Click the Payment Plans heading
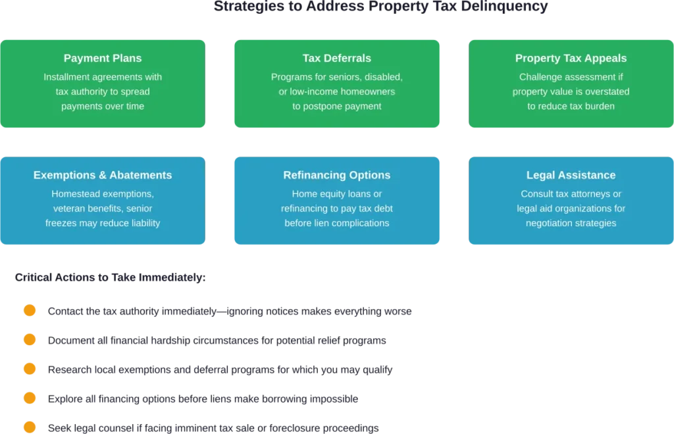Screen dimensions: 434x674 pos(103,59)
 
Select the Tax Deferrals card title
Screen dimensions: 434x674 pos(337,59)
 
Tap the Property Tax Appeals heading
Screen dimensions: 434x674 pos(571,59)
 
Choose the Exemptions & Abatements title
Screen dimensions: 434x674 pos(103,176)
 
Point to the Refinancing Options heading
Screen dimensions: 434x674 pos(337,176)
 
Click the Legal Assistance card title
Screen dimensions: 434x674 pos(571,176)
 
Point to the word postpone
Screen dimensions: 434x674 pos(325,106)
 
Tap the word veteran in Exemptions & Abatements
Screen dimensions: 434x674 pos(70,208)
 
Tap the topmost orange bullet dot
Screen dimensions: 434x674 pos(29,310)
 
